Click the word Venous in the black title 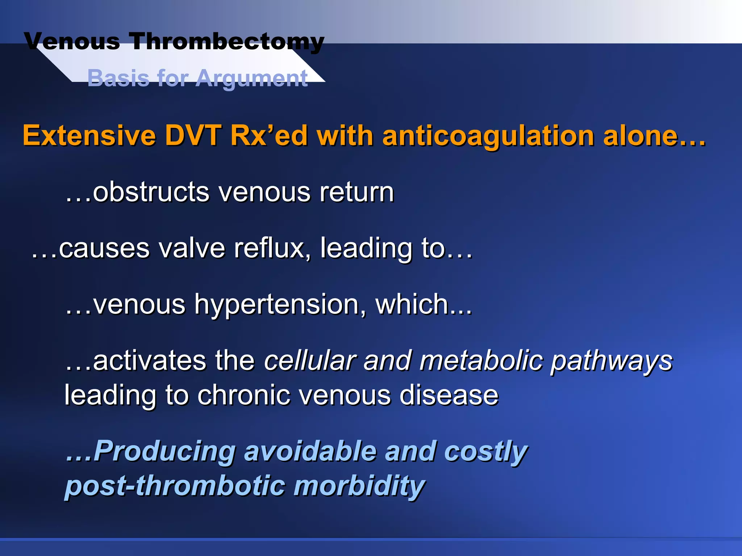click(x=72, y=41)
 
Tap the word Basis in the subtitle click(x=118, y=78)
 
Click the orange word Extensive click(x=89, y=136)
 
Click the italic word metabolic click(x=481, y=361)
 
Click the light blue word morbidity click(x=359, y=486)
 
